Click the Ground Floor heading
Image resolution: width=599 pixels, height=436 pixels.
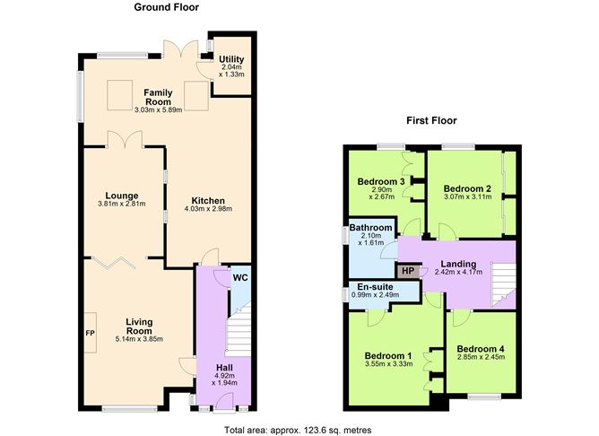click(x=166, y=7)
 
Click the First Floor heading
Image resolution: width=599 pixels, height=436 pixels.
click(x=431, y=121)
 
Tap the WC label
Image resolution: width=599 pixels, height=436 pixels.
click(x=240, y=278)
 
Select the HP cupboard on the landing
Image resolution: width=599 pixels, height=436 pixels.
click(x=408, y=271)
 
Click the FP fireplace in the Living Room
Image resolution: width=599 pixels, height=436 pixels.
click(x=91, y=333)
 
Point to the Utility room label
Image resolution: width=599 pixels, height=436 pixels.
click(x=231, y=59)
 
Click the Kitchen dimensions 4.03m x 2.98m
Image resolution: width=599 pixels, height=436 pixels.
click(x=208, y=209)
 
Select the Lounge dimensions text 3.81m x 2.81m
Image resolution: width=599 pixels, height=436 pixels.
click(x=122, y=204)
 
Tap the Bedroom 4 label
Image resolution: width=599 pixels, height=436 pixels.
click(x=481, y=349)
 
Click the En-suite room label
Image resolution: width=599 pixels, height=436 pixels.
click(x=375, y=287)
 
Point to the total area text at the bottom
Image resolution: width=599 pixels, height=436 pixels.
click(x=298, y=431)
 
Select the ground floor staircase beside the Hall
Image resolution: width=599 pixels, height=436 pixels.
click(x=239, y=329)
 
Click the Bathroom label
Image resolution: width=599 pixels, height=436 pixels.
click(x=370, y=228)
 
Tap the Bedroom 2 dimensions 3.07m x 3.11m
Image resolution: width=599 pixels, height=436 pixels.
click(x=467, y=197)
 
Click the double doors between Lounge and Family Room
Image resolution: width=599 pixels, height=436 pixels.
click(x=125, y=139)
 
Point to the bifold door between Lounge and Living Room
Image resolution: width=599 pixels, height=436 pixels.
click(x=114, y=263)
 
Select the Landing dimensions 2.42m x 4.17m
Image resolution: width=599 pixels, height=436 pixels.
click(x=458, y=273)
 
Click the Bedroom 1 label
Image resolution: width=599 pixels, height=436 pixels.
click(x=388, y=356)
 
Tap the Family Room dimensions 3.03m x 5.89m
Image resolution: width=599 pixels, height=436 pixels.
click(x=158, y=110)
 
